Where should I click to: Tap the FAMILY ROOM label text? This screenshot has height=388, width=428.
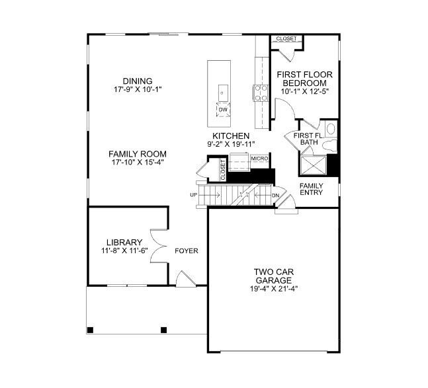(x=138, y=153)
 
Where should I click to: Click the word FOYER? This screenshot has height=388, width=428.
(x=187, y=251)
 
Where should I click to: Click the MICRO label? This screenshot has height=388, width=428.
(x=259, y=159)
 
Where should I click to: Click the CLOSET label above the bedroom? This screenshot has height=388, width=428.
(x=286, y=39)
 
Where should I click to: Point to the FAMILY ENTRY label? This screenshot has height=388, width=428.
(x=311, y=189)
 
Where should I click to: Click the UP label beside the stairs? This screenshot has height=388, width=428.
(x=194, y=195)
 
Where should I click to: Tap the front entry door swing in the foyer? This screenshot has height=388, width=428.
(x=186, y=280)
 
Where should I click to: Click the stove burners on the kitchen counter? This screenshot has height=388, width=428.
(x=259, y=93)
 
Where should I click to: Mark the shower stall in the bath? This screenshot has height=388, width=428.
(x=314, y=164)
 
